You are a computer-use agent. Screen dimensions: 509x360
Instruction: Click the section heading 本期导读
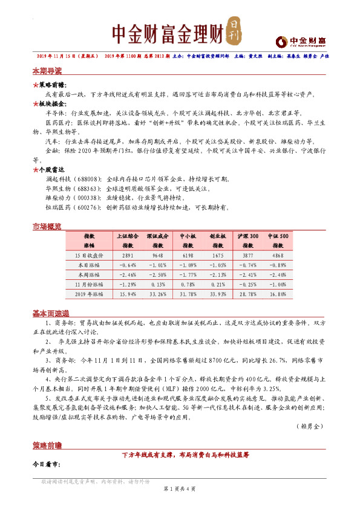click(x=47, y=71)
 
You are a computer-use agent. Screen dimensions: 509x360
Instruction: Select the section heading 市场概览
click(x=47, y=226)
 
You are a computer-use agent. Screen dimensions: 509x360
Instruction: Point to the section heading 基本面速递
click(x=51, y=313)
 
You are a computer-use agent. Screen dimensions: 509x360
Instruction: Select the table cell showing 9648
click(x=158, y=256)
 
